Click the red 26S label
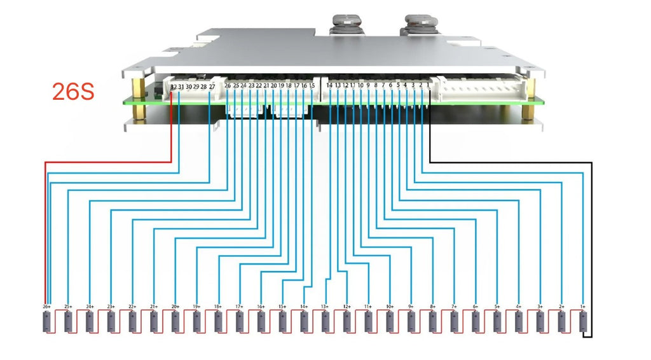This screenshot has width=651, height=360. point(73,92)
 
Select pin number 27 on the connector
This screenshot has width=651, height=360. point(212,86)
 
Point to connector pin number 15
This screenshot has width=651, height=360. point(312,85)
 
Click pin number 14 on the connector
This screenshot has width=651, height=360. point(329,85)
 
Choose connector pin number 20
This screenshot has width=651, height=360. point(273,85)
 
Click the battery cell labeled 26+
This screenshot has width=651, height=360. point(46,322)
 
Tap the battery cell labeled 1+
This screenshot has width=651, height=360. point(582,322)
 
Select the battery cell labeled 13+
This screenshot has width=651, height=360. point(325,322)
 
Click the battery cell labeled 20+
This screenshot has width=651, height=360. point(175,322)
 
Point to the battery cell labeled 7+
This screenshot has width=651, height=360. point(454,322)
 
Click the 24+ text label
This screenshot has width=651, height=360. point(90,307)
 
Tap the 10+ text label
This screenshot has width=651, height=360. point(390,307)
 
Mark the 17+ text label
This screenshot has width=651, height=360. point(240,307)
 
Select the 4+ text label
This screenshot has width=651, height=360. point(518,307)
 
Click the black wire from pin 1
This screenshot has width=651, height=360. point(509,162)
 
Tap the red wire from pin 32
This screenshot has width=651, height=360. point(108,162)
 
